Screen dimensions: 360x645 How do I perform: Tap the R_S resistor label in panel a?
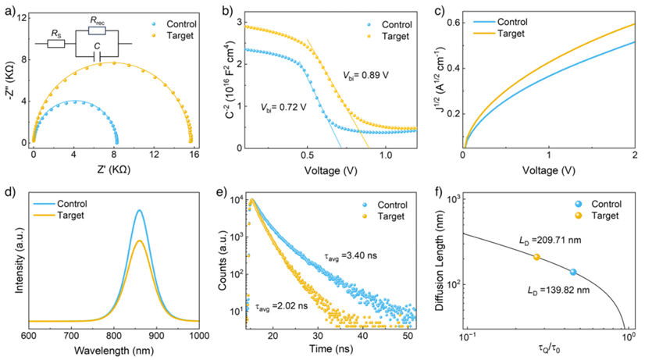click(57, 34)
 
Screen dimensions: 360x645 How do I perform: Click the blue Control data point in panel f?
click(573, 272)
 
